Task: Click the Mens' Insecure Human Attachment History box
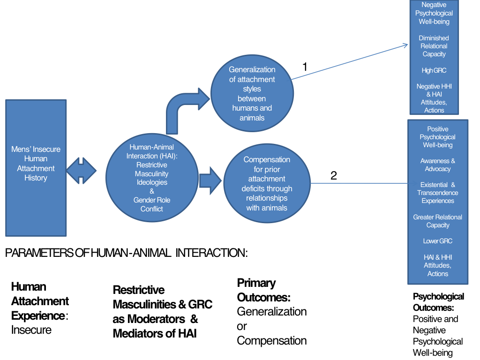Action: (x=36, y=164)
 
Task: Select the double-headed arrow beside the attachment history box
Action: (x=81, y=171)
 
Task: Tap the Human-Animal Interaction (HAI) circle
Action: (x=151, y=178)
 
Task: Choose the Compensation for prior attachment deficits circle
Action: (x=266, y=184)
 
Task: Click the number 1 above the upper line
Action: (x=305, y=67)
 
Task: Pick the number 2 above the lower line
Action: (x=334, y=176)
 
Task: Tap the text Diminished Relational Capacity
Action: (x=434, y=46)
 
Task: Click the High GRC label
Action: (x=434, y=70)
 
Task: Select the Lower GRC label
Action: (x=437, y=241)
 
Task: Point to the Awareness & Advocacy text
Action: (x=437, y=165)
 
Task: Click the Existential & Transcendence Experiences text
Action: (x=437, y=193)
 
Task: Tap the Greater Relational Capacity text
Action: (x=437, y=221)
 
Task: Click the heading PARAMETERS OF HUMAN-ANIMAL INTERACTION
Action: (x=126, y=253)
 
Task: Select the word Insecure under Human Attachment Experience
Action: (x=31, y=330)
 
